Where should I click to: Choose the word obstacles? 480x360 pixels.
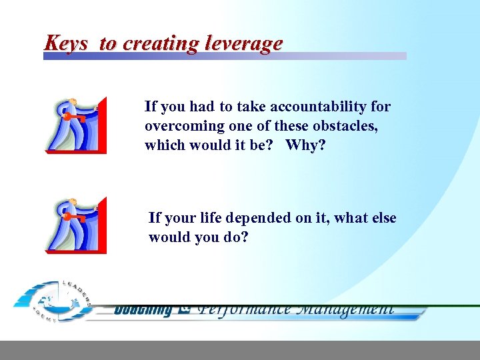click(345, 126)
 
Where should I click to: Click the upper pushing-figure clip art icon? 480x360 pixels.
click(75, 125)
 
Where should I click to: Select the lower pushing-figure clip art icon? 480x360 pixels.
click(75, 225)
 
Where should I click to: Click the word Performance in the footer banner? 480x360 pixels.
click(244, 309)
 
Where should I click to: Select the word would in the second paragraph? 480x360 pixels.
click(170, 237)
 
